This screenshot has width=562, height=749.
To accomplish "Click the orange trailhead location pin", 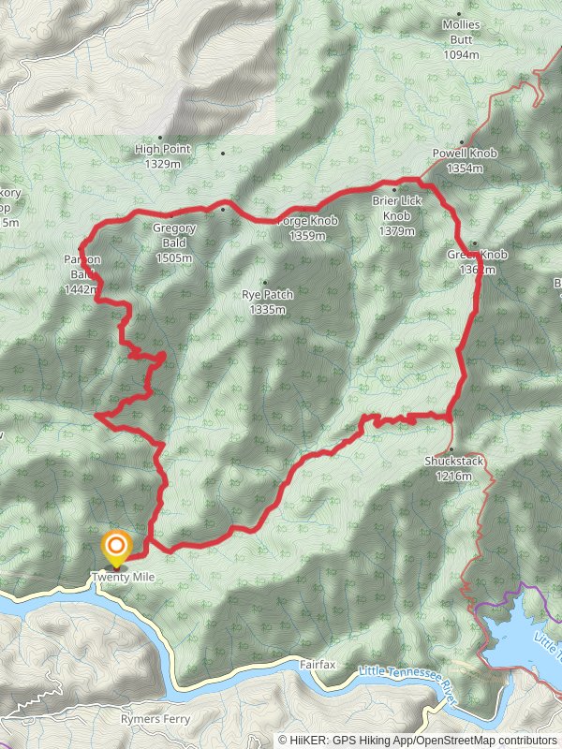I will click(x=116, y=547).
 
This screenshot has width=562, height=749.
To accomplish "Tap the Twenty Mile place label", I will click(x=123, y=578).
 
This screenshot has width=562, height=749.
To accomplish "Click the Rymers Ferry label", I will click(x=155, y=719).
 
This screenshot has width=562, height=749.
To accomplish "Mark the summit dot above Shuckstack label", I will click(x=451, y=448).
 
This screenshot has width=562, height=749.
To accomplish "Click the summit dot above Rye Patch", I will click(x=265, y=283).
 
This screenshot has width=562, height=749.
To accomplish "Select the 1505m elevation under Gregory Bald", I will click(x=174, y=258).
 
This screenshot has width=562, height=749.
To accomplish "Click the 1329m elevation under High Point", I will click(x=163, y=164).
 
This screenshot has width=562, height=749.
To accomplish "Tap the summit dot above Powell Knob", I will click(x=462, y=141).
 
